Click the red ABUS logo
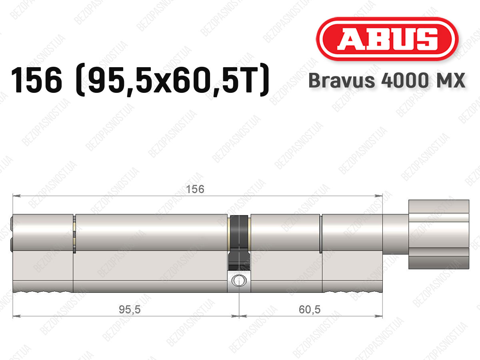(387, 39)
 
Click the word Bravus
(342, 80)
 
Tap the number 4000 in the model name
(404, 80)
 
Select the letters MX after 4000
(450, 80)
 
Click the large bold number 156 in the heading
(36, 80)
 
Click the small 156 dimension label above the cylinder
(195, 189)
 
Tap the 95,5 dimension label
(130, 310)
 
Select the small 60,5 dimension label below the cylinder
(310, 310)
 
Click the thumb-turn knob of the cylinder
(439, 234)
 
